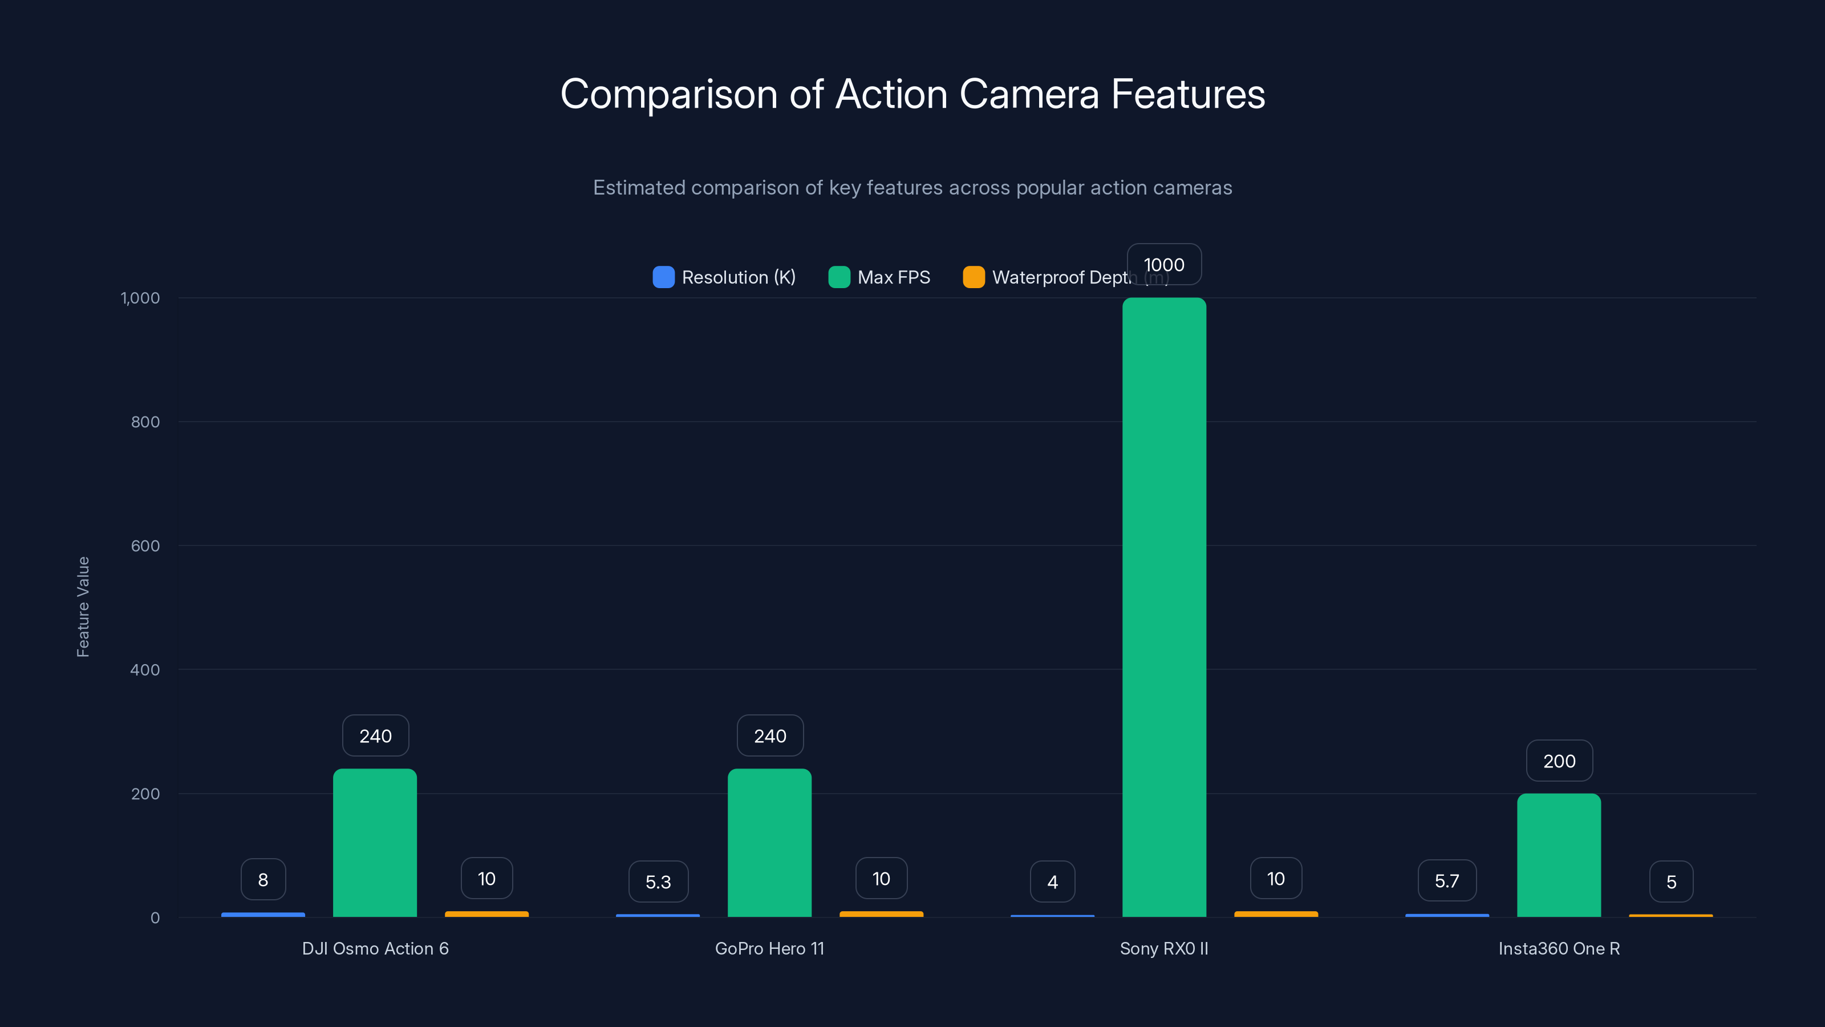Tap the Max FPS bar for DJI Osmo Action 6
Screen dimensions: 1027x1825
375,843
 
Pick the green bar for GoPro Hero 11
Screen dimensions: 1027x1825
769,843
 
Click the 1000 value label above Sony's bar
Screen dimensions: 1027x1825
1164,264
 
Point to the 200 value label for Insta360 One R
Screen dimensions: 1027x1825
1559,761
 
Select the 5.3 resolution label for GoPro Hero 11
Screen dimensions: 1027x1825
658,882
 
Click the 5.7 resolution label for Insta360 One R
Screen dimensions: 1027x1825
1447,881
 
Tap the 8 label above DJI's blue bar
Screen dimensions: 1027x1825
263,880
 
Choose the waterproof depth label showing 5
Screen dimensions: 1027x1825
1671,882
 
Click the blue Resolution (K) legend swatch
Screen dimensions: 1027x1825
663,277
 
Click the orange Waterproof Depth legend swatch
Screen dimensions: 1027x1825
974,277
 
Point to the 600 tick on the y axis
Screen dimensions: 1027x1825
145,546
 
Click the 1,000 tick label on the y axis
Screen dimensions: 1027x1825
140,298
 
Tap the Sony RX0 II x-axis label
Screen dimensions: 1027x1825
1164,948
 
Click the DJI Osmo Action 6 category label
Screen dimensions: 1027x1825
375,948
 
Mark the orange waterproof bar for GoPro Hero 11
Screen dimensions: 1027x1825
881,914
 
